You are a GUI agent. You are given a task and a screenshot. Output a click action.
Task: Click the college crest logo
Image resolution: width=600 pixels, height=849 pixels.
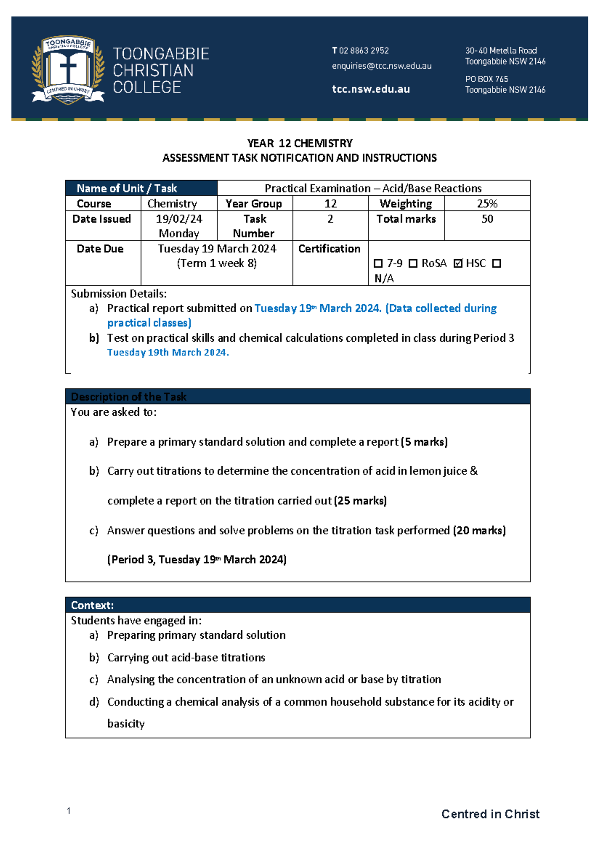tap(68, 70)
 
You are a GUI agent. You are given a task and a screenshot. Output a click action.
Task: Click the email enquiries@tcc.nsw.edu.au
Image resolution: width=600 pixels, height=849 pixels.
tap(382, 66)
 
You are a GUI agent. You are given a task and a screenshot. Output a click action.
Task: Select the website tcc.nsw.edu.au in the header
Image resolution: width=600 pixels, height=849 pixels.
tap(371, 89)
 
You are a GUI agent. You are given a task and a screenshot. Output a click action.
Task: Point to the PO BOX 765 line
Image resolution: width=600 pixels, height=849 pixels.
tap(486, 79)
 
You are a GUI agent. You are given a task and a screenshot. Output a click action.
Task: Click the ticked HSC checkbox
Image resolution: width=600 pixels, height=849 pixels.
tap(458, 264)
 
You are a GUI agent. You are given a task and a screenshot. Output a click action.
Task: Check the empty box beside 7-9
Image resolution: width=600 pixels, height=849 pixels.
tap(378, 264)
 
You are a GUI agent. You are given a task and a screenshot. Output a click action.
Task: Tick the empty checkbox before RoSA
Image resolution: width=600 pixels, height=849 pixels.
tap(413, 264)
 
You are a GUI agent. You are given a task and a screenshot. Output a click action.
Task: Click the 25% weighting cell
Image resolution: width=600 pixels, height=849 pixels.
tap(487, 204)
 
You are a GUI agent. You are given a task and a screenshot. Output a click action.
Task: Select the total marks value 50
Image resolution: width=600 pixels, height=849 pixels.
tap(487, 219)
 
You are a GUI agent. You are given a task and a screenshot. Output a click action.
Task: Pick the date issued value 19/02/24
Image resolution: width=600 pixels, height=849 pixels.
tap(179, 219)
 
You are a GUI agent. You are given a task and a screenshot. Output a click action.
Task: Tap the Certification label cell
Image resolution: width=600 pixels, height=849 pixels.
tap(329, 249)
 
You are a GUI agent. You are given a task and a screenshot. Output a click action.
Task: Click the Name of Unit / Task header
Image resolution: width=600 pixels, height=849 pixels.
tap(127, 188)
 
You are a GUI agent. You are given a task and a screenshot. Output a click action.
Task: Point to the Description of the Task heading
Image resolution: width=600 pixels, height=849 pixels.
tap(128, 397)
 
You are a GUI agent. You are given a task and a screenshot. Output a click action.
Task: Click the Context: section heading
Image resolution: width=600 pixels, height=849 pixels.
tap(92, 605)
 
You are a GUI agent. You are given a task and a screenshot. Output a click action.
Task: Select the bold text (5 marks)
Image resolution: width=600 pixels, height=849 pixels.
tap(424, 442)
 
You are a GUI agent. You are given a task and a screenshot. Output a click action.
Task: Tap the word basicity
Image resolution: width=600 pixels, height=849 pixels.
tap(126, 724)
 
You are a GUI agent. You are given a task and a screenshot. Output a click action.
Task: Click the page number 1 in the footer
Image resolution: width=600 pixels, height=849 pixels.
tap(69, 811)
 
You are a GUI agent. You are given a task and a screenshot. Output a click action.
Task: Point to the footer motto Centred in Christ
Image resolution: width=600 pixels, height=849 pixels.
tap(490, 814)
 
